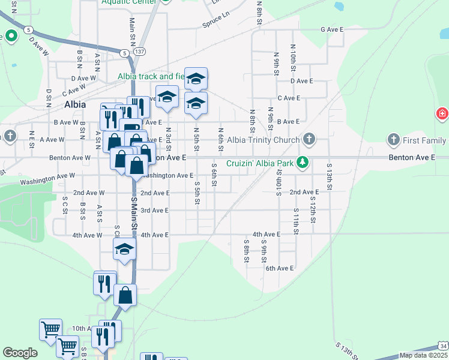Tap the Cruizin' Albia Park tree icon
304,163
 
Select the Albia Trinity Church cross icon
309,140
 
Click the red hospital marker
442,113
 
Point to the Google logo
20,353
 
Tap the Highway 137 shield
139,52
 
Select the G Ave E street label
331,29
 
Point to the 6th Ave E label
279,269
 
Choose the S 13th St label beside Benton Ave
329,176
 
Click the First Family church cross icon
394,140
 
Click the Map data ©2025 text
423,355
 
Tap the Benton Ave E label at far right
411,157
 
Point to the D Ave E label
303,80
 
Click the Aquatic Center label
129,2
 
